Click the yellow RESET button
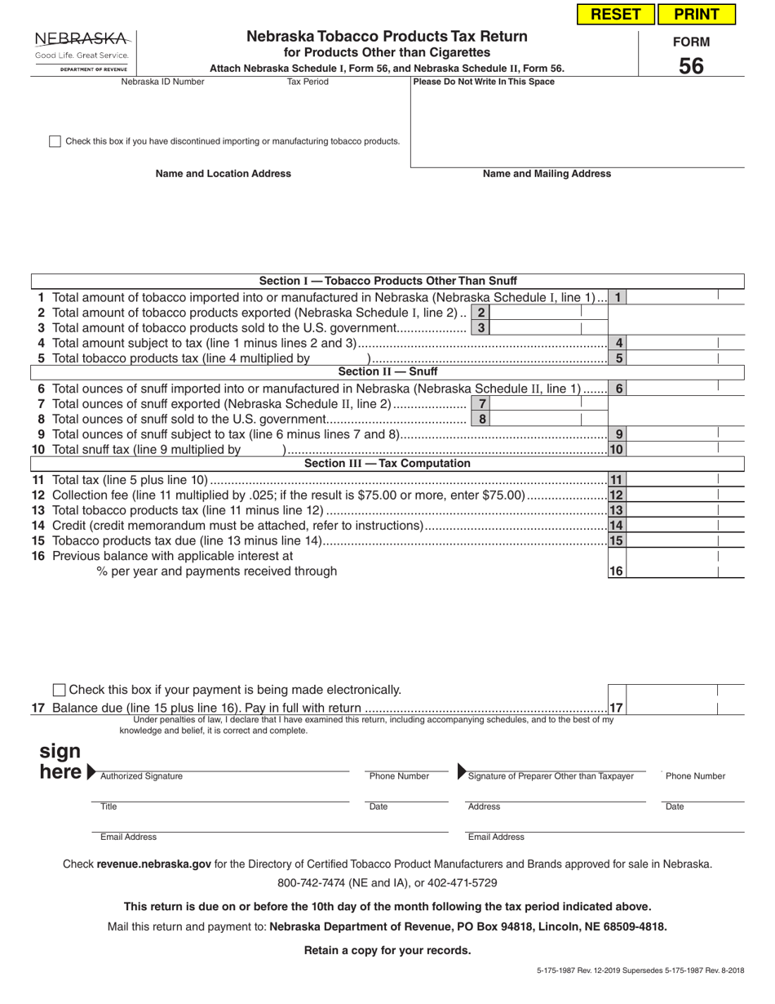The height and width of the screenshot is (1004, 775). pyautogui.click(x=616, y=14)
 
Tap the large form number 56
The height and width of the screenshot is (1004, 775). pyautogui.click(x=690, y=66)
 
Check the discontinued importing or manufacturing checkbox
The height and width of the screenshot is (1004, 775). pyautogui.click(x=55, y=141)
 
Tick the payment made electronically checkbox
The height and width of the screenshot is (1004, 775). pyautogui.click(x=60, y=691)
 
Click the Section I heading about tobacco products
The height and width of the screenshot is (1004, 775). pyautogui.click(x=387, y=281)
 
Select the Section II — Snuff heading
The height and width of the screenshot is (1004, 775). pyautogui.click(x=387, y=372)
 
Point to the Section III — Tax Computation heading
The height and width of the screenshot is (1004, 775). pyautogui.click(x=387, y=464)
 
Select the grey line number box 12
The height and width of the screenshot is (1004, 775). pyautogui.click(x=617, y=495)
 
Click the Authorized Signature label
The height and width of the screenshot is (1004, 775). pyautogui.click(x=141, y=776)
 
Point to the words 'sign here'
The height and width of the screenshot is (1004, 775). pyautogui.click(x=61, y=762)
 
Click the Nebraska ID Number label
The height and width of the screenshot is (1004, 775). pyautogui.click(x=163, y=82)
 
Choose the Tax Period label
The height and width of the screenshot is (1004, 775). pyautogui.click(x=308, y=82)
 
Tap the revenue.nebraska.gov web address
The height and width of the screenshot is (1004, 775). pyautogui.click(x=153, y=864)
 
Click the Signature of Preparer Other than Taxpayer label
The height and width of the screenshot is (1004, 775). pyautogui.click(x=551, y=776)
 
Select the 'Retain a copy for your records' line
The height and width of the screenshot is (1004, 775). pyautogui.click(x=387, y=950)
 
